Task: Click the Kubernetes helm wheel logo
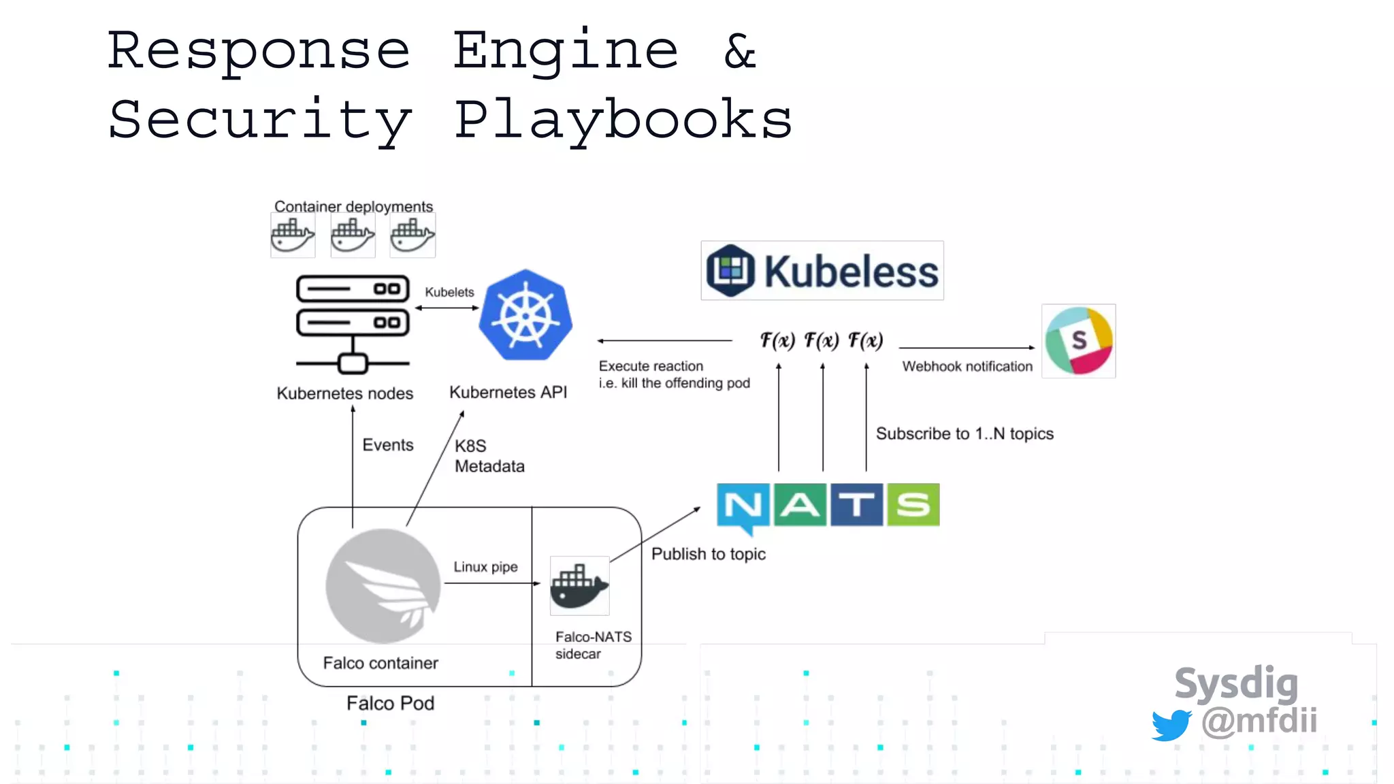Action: point(525,316)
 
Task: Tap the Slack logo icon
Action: point(1079,341)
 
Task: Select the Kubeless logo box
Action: point(822,271)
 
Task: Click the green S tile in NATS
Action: point(913,505)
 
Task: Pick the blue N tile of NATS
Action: point(743,506)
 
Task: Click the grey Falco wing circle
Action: point(383,586)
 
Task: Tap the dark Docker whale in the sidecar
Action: point(579,586)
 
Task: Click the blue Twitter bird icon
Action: point(1171,725)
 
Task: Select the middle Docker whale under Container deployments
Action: point(353,235)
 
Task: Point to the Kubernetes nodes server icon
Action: point(353,323)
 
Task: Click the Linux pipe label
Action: point(485,567)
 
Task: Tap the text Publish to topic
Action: point(708,554)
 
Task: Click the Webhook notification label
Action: point(967,367)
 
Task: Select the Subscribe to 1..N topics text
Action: point(964,434)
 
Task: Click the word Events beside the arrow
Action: point(387,445)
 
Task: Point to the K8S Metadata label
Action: point(489,456)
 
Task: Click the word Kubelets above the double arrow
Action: point(449,292)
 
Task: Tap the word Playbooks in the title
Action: point(623,120)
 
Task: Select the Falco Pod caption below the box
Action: point(390,703)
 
